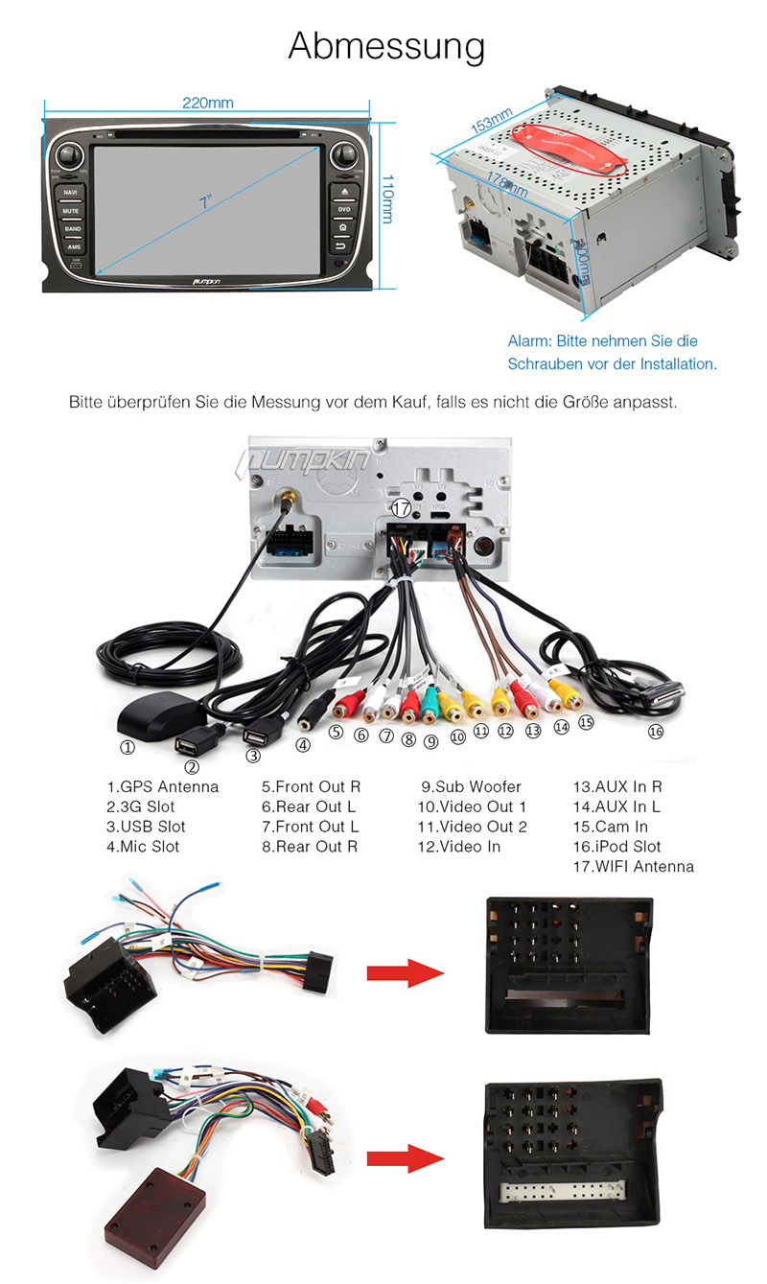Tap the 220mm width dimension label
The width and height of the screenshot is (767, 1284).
[x=208, y=103]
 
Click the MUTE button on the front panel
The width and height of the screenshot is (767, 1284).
[x=71, y=211]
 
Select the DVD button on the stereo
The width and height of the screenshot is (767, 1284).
[x=343, y=209]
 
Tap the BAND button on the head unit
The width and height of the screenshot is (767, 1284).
[x=72, y=229]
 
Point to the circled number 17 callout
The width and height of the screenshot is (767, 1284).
[x=402, y=509]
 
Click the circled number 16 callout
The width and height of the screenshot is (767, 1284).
[x=655, y=732]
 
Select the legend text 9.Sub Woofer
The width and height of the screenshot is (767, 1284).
[x=471, y=787]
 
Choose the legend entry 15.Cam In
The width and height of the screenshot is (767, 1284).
[x=610, y=827]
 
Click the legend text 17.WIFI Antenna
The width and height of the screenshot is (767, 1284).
[x=633, y=867]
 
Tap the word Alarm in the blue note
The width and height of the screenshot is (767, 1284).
[x=526, y=341]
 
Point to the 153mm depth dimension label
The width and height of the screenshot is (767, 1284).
[x=492, y=123]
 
